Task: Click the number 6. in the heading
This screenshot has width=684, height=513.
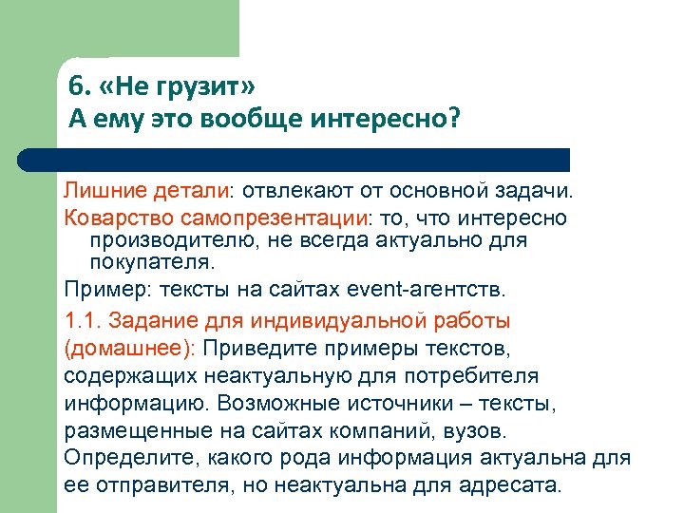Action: click(x=79, y=88)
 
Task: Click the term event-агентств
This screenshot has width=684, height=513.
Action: click(x=440, y=288)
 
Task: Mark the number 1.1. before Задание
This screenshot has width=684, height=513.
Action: click(x=83, y=318)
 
